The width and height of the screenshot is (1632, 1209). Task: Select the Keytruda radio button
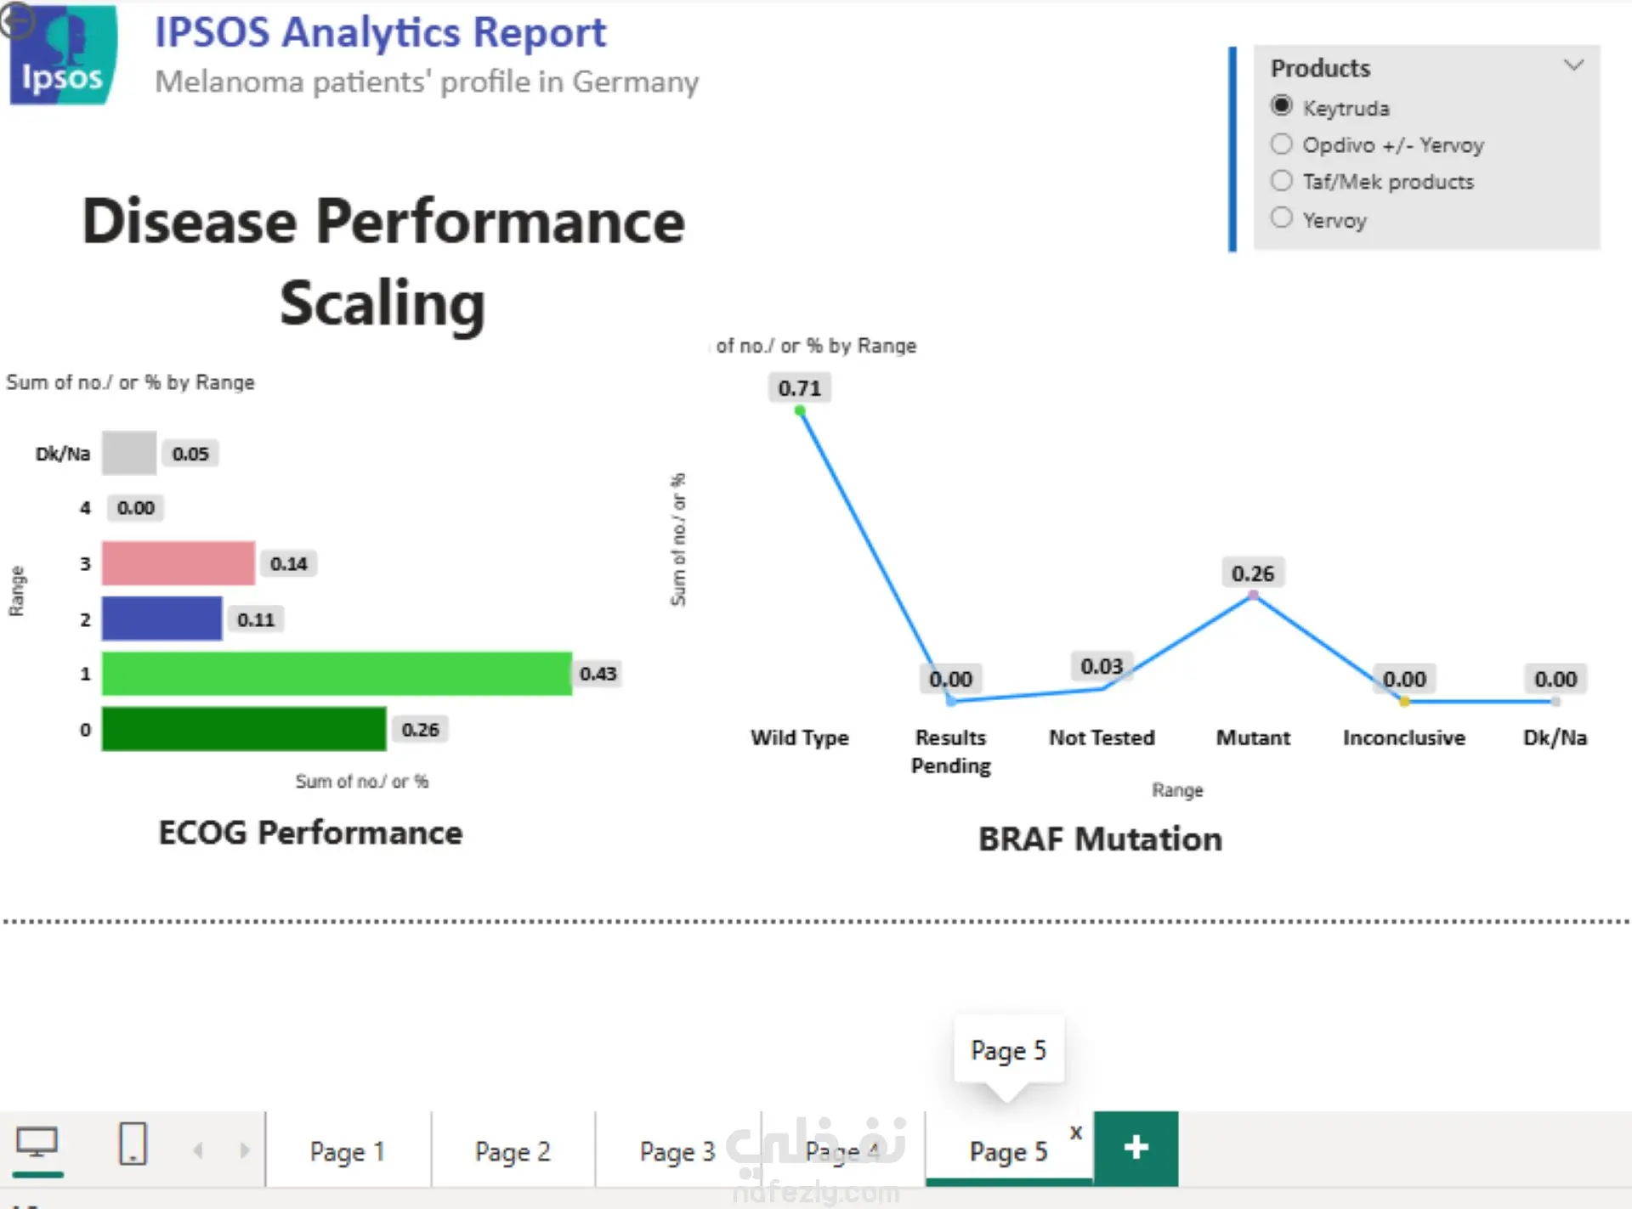click(x=1281, y=106)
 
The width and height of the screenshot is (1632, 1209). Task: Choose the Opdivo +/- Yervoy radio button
click(x=1281, y=144)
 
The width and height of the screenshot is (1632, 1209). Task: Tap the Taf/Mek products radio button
click(x=1281, y=180)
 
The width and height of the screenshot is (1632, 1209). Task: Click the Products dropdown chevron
click(x=1573, y=65)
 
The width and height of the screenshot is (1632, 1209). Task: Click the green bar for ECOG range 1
click(x=337, y=674)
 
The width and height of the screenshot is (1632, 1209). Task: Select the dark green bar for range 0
click(x=244, y=729)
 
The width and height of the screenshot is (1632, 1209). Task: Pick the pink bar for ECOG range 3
click(x=178, y=563)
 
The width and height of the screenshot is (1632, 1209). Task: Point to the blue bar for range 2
click(x=161, y=619)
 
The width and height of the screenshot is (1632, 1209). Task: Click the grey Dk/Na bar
click(x=129, y=453)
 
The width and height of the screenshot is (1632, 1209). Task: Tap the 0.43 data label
click(x=598, y=674)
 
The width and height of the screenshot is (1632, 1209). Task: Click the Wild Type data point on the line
click(x=800, y=411)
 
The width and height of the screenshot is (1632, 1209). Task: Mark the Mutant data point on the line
click(x=1253, y=596)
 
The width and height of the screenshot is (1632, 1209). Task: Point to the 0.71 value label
click(x=800, y=388)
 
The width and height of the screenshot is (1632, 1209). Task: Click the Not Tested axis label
click(x=1102, y=737)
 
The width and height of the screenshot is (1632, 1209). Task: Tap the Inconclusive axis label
click(x=1404, y=737)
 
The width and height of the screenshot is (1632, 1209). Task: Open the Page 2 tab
click(x=513, y=1151)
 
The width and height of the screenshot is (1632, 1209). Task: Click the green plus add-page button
click(x=1136, y=1148)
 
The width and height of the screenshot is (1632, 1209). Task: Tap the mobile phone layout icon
click(x=133, y=1144)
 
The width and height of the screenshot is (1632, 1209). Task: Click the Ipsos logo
click(x=62, y=54)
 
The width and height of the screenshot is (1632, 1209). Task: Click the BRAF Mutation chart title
click(x=1101, y=839)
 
